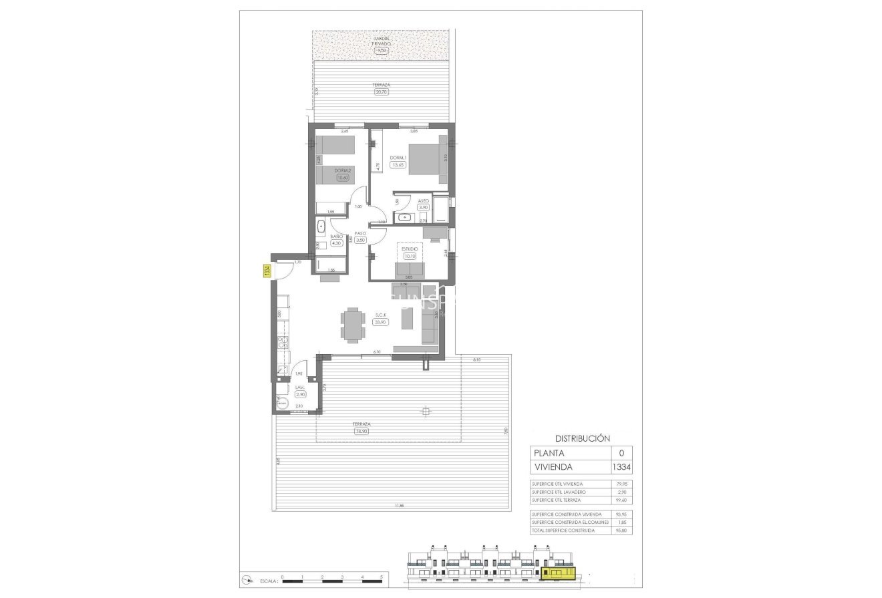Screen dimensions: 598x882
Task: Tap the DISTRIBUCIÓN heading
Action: [582, 438]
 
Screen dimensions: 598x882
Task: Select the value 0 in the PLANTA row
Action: [621, 453]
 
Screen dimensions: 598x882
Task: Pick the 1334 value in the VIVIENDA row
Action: [621, 468]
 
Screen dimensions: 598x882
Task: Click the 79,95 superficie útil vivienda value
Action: [621, 483]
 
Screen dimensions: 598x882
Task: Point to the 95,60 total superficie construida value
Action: [621, 531]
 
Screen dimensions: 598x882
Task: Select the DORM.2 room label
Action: [342, 170]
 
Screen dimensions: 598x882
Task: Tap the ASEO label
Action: [423, 200]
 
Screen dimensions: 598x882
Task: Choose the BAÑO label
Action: [337, 237]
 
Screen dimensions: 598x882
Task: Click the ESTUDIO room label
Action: [409, 248]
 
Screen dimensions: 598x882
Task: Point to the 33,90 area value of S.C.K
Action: [381, 322]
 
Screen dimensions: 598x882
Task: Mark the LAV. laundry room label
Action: [300, 387]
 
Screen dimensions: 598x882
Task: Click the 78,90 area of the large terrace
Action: [362, 431]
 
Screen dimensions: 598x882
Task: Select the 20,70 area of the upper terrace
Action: [382, 92]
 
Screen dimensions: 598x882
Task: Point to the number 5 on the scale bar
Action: [382, 576]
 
